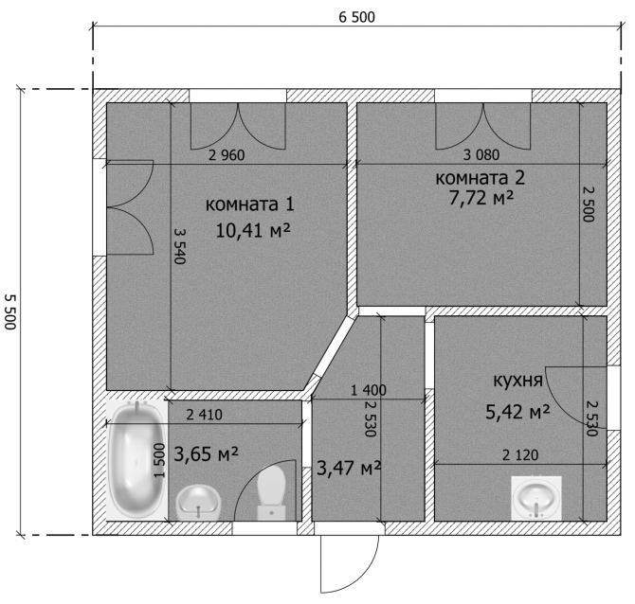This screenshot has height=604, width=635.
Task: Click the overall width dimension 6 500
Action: pos(356,17)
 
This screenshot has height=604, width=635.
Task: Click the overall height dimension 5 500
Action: pos(10,311)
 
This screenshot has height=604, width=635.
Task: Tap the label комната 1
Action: pos(250,204)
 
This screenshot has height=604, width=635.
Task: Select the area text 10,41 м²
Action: pos(253,231)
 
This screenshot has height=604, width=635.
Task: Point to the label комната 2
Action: pos(481,178)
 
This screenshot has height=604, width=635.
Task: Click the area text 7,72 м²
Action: pos(481,198)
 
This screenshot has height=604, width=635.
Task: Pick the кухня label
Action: pos(518,381)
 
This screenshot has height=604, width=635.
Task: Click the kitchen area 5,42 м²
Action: pos(518,412)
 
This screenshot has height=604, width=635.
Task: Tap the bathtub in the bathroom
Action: pos(136,460)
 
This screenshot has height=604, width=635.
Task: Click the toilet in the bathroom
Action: pos(271,492)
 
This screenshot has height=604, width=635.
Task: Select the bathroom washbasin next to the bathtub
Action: pos(198,503)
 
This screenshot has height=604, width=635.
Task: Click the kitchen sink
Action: pos(536,498)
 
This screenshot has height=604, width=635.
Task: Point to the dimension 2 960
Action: pos(227,155)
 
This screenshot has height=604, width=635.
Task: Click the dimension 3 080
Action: pos(481,155)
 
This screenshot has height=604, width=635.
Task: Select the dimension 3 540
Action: pos(180,245)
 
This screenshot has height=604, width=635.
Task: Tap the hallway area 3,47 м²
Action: pos(349,468)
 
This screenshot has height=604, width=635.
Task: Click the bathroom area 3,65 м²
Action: pos(206,453)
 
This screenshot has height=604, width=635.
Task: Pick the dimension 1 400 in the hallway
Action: pos(369,390)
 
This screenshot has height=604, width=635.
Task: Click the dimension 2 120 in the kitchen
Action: pos(520,455)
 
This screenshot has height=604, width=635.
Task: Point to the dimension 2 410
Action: pos(205,415)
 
